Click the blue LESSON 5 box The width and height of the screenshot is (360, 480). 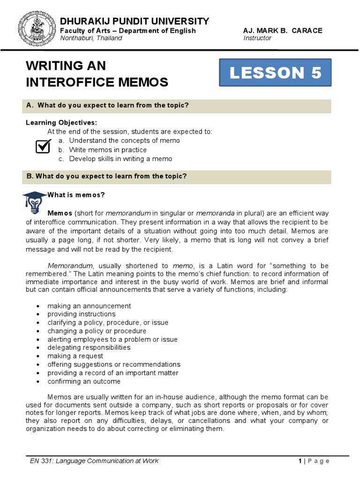(x=276, y=73)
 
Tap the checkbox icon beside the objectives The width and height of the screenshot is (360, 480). (x=43, y=146)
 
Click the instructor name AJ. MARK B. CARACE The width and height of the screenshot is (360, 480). (x=283, y=30)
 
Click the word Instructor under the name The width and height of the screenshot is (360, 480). (x=257, y=38)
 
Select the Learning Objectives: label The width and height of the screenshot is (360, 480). (x=61, y=122)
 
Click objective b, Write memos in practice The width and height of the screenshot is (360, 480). (x=108, y=150)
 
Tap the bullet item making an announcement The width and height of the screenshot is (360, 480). (x=89, y=306)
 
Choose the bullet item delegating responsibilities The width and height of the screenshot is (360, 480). (x=89, y=347)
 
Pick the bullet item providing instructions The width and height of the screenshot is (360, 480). (x=81, y=314)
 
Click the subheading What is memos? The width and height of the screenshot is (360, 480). (x=76, y=195)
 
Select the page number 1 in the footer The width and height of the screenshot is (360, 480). (x=300, y=461)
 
